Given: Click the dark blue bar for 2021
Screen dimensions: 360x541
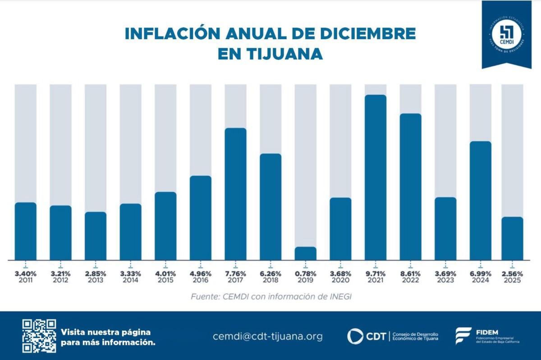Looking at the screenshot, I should pyautogui.click(x=375, y=178).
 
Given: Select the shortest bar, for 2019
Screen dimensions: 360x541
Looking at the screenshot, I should pyautogui.click(x=305, y=254).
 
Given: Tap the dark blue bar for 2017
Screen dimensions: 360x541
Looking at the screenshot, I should pyautogui.click(x=235, y=194).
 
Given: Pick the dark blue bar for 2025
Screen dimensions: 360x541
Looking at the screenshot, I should pyautogui.click(x=512, y=238).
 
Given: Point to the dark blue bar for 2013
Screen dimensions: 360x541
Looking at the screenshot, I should pyautogui.click(x=96, y=236).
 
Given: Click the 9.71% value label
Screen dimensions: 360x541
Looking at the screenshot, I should pyautogui.click(x=375, y=273).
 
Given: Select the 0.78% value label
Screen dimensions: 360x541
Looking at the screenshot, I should pyautogui.click(x=305, y=273).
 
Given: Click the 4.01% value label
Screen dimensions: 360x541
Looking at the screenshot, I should pyautogui.click(x=165, y=273).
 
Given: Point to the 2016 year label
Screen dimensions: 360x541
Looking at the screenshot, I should pyautogui.click(x=200, y=280).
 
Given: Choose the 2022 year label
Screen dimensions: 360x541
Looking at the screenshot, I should pyautogui.click(x=410, y=280).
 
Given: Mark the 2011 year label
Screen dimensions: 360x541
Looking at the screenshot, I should pyautogui.click(x=26, y=280).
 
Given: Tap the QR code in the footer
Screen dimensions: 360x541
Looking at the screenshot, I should pyautogui.click(x=39, y=336).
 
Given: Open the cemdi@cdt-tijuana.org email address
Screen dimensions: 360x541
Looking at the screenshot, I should pyautogui.click(x=268, y=336).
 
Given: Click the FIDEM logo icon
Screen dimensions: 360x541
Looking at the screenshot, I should pyautogui.click(x=463, y=336).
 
